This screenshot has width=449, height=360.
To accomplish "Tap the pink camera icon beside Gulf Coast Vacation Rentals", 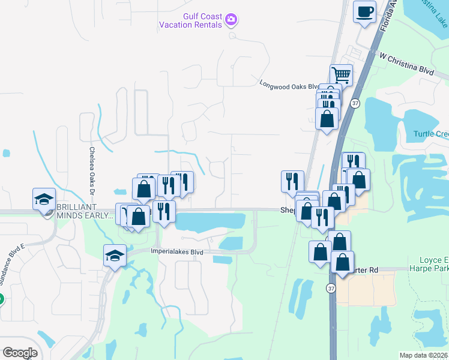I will click(x=231, y=21).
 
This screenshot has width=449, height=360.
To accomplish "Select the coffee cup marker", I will click(x=364, y=12).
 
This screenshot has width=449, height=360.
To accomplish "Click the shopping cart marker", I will click(x=340, y=76).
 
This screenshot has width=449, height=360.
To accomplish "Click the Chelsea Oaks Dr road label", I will click(x=92, y=171).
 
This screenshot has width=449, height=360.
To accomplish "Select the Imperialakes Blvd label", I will click(x=177, y=252).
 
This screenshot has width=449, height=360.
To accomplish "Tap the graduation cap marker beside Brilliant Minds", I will click(x=44, y=199).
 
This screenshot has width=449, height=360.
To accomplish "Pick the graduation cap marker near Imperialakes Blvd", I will click(x=115, y=257).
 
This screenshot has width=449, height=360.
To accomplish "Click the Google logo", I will click(x=20, y=353).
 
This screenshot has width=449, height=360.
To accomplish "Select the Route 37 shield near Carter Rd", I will click(x=331, y=289).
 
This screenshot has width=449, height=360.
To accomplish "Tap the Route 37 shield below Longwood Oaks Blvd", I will click(x=355, y=103).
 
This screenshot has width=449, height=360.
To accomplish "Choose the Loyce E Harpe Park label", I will click(x=429, y=264).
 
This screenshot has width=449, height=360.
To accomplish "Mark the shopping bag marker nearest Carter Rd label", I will click(x=342, y=263).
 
